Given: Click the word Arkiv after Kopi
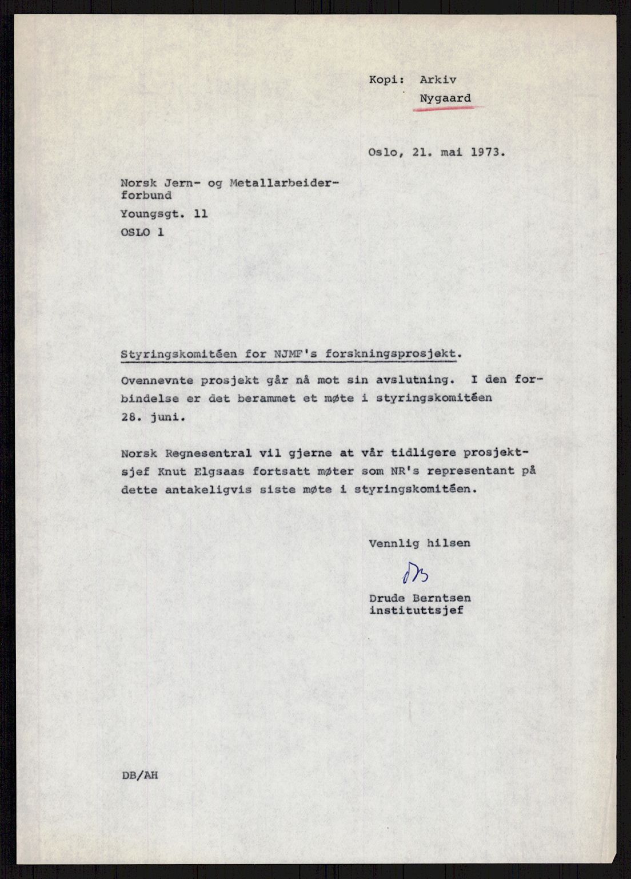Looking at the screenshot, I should pos(438,80).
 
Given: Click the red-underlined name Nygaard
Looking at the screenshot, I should pos(445,98).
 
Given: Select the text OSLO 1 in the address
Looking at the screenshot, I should pos(142,233).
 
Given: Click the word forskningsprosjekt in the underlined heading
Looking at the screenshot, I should pos(394,354).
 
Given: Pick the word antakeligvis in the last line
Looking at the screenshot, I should pos(223,490).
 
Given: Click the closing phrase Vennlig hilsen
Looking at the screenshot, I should pos(420,543).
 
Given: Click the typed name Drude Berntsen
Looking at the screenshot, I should pos(421,598).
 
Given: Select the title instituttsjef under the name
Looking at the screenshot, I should pos(417,610).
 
